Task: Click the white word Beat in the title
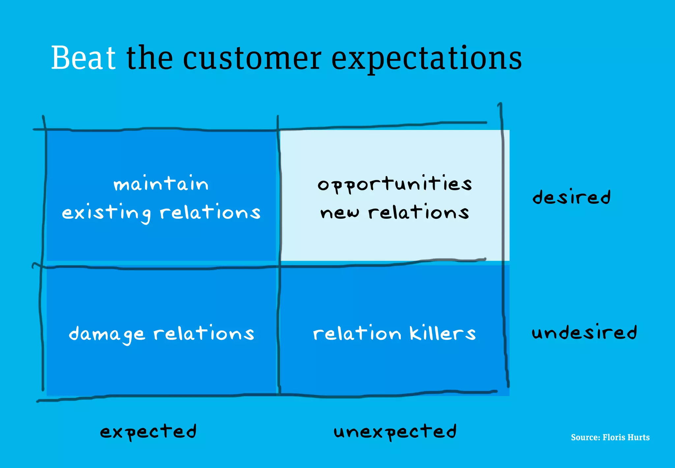83,58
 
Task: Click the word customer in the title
252,58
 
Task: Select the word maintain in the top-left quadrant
161,184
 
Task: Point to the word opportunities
395,184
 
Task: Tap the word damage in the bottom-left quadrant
106,334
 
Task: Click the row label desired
572,197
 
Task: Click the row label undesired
584,332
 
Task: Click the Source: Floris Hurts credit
610,437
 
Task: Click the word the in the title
150,58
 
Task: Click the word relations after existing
210,212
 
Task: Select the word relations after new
419,212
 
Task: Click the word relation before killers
357,333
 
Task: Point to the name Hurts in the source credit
638,437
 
